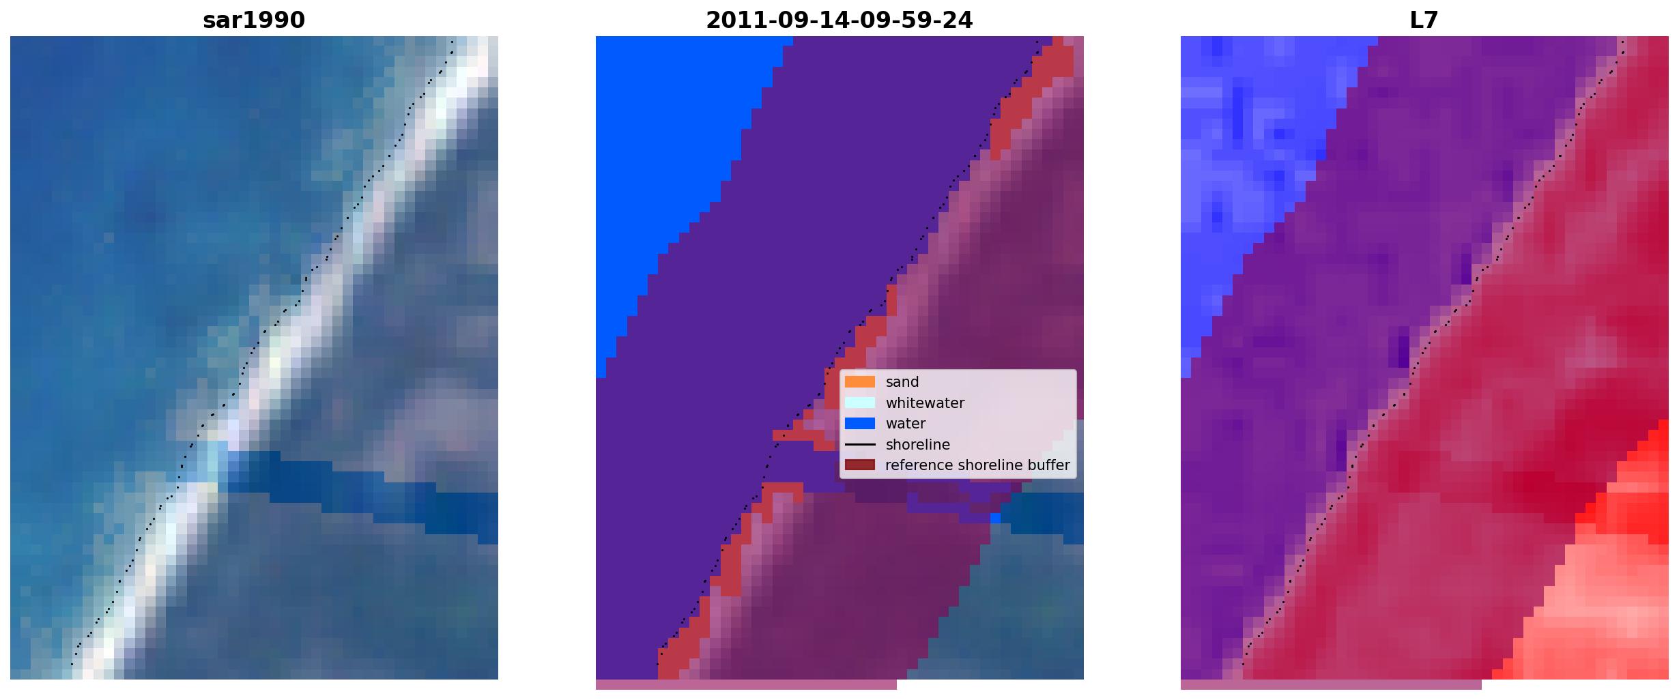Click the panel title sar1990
click(254, 20)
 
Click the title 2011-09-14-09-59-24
click(839, 20)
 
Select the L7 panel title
click(1424, 20)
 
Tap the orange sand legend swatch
click(860, 382)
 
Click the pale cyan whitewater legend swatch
click(860, 403)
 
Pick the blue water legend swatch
click(860, 424)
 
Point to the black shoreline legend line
click(860, 445)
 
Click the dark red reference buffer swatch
click(860, 465)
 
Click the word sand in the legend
click(902, 382)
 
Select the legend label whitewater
click(925, 403)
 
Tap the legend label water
click(906, 424)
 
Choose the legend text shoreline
click(918, 445)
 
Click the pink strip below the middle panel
click(746, 684)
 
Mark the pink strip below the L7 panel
click(1331, 684)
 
